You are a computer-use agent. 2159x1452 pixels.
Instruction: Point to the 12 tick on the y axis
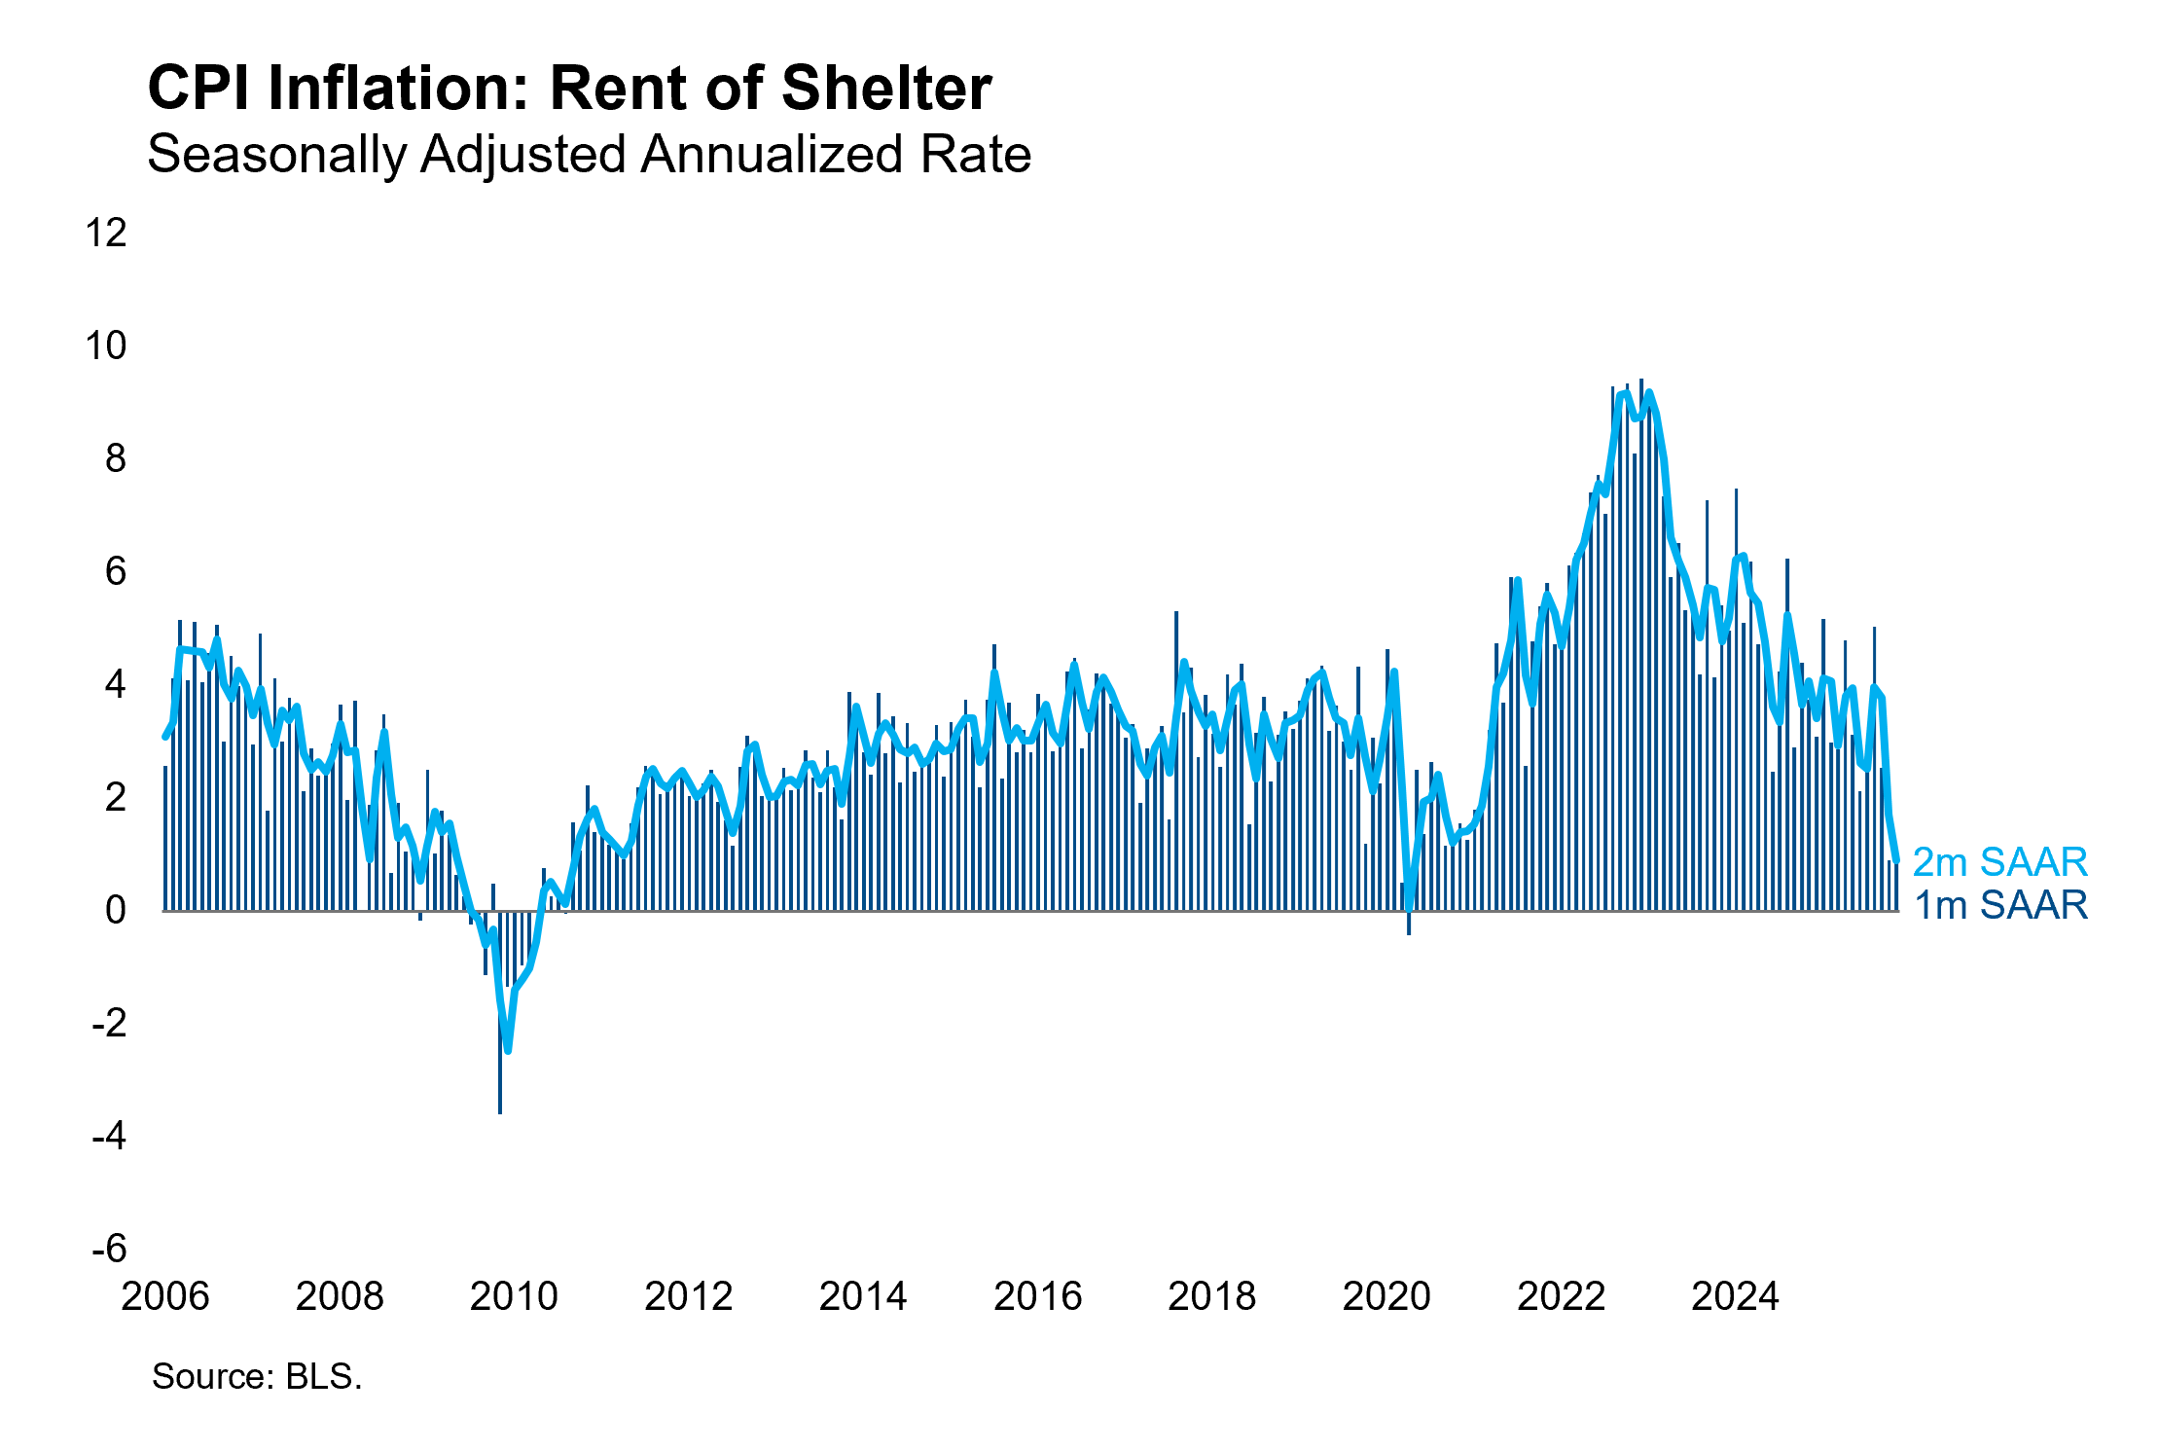[x=106, y=234]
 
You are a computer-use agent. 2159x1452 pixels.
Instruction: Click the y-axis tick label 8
[x=116, y=458]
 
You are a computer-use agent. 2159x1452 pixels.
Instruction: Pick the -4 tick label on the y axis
[x=108, y=1136]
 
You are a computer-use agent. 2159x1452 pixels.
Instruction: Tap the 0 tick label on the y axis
[x=116, y=910]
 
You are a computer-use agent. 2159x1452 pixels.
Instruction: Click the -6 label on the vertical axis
[x=108, y=1249]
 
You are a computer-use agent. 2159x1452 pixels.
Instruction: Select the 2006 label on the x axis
[x=164, y=1296]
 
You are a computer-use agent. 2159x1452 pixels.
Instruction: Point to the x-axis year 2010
[x=514, y=1296]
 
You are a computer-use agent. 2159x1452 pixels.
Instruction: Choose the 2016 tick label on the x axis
[x=1037, y=1296]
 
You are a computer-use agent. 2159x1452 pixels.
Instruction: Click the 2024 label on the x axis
[x=1735, y=1296]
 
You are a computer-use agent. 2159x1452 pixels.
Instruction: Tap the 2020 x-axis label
[x=1386, y=1296]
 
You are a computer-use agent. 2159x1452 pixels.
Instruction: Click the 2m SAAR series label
[x=1999, y=862]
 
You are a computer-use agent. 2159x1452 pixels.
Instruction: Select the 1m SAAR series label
[x=1999, y=905]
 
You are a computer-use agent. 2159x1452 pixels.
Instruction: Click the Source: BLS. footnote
[x=257, y=1376]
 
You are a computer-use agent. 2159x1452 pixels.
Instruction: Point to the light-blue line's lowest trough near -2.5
[x=508, y=1050]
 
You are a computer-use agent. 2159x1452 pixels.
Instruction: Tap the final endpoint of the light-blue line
[x=1896, y=859]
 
